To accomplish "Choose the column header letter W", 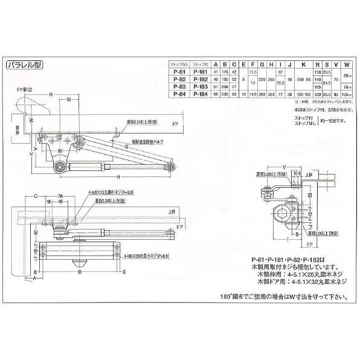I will click(x=346, y=63).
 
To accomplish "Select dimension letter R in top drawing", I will click(x=51, y=94).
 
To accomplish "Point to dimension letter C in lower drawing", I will click(x=36, y=196).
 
